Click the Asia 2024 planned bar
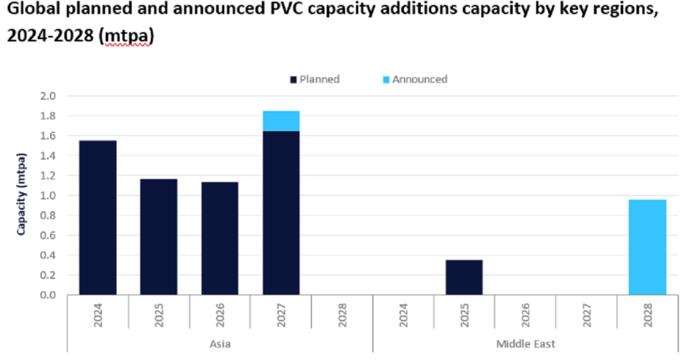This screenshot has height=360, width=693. [97, 217]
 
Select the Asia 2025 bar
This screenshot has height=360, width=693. [159, 237]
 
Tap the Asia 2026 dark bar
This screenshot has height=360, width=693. [220, 238]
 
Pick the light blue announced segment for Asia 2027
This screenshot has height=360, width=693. [281, 121]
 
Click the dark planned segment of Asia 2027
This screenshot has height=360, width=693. [281, 213]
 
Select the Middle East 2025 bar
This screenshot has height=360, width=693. [464, 277]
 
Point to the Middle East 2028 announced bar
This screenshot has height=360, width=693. [647, 247]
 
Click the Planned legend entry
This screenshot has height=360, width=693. [315, 79]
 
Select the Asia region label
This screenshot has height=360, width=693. [220, 344]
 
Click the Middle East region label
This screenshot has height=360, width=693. [526, 344]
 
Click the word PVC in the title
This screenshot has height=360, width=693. [250, 12]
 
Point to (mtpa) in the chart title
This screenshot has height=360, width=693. [127, 37]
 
